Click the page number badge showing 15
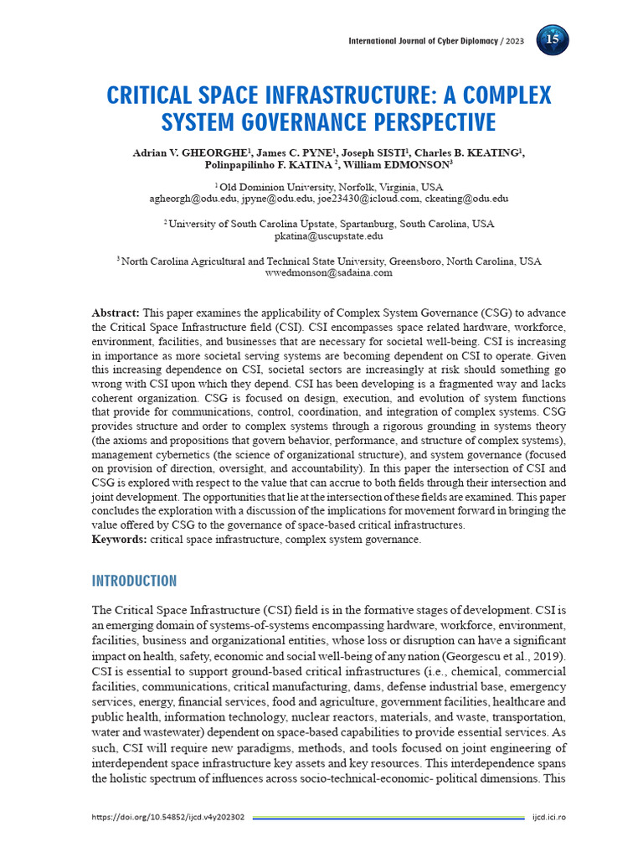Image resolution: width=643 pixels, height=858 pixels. point(552,40)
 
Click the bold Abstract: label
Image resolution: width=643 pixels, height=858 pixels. point(116,313)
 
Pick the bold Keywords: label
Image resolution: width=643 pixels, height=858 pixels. point(119,540)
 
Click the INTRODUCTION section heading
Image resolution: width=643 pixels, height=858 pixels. point(134,581)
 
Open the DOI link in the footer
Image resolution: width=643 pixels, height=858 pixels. point(167,817)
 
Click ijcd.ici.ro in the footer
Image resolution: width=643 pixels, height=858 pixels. point(549,817)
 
